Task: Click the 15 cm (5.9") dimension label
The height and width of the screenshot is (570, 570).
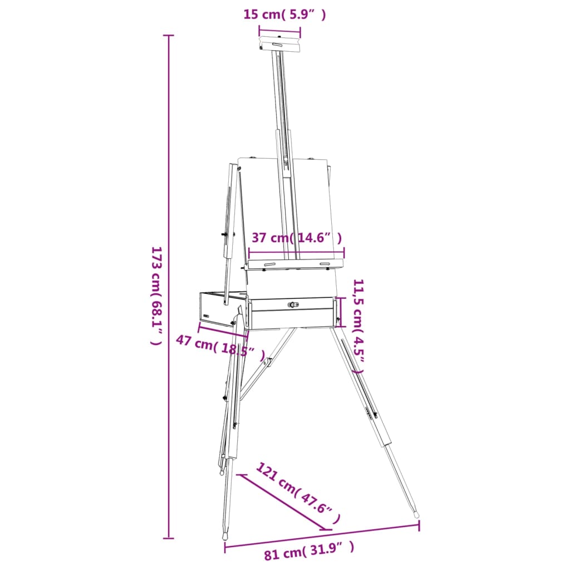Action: click(x=284, y=14)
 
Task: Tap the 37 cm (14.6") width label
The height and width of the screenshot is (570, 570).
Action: click(x=296, y=238)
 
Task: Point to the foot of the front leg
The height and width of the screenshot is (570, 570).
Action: click(x=225, y=536)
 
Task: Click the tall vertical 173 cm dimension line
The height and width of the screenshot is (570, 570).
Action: click(x=169, y=287)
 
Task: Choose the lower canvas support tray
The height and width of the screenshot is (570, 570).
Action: click(x=295, y=264)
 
